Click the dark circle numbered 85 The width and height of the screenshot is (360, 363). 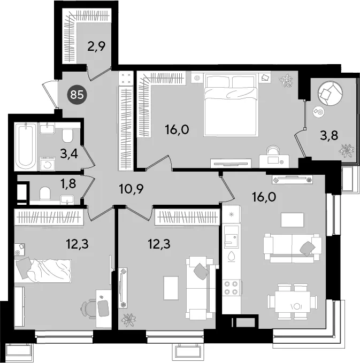77,95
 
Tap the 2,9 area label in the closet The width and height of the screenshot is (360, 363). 96,47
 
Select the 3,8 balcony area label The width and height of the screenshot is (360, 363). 329,135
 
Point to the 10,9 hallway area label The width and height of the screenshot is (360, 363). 131,189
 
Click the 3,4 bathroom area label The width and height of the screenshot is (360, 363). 69,153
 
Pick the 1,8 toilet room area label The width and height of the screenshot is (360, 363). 68,184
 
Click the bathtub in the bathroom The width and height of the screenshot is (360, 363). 26,146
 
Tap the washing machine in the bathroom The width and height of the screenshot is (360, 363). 48,164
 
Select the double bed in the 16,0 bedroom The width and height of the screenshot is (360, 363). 231,105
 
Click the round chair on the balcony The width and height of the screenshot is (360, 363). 331,93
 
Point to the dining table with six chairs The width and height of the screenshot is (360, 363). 293,302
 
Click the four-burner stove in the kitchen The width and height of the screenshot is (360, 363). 231,288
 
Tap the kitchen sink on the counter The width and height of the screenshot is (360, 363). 232,237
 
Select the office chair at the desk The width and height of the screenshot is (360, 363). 89,308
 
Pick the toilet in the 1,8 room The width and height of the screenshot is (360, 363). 45,194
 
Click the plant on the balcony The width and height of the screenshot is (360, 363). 346,150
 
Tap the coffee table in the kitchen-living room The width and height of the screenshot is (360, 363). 292,220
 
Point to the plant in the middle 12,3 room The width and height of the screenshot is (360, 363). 128,320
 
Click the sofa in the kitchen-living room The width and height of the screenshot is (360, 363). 293,248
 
